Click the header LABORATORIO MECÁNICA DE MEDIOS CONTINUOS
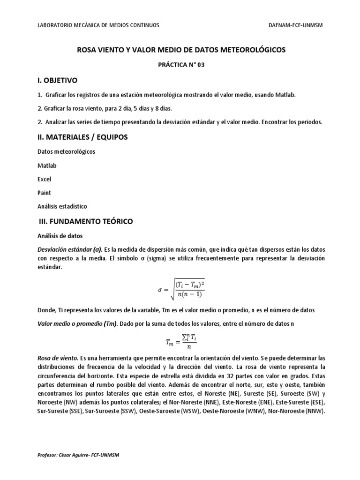point(98,25)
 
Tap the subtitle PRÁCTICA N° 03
point(180,65)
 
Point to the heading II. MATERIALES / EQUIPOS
point(82,137)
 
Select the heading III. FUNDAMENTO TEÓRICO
point(85,221)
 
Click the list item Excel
point(44,179)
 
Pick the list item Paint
point(44,193)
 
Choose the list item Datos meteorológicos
point(66,152)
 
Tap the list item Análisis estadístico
point(62,206)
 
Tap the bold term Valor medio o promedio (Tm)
point(77,324)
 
